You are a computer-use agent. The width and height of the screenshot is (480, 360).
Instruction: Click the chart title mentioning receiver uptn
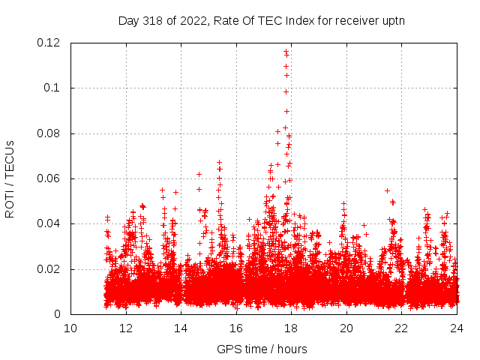click(x=261, y=20)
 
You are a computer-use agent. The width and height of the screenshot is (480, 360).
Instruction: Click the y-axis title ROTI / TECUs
click(x=10, y=178)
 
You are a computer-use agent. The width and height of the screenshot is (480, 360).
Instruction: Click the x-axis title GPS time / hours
click(x=262, y=349)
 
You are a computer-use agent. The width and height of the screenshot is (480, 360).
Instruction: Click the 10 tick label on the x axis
click(x=70, y=328)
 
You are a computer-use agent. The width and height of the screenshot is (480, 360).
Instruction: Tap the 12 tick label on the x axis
click(x=126, y=328)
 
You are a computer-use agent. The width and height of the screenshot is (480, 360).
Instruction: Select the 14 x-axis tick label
click(x=181, y=328)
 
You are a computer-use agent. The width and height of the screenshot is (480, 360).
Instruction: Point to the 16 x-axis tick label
click(x=236, y=328)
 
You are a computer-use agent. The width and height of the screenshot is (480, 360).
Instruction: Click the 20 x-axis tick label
click(x=346, y=328)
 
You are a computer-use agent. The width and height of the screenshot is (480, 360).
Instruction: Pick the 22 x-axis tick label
click(x=401, y=328)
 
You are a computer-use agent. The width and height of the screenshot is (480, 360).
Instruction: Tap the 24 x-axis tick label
click(x=457, y=328)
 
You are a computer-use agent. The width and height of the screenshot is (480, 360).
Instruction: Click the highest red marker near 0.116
click(x=286, y=52)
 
